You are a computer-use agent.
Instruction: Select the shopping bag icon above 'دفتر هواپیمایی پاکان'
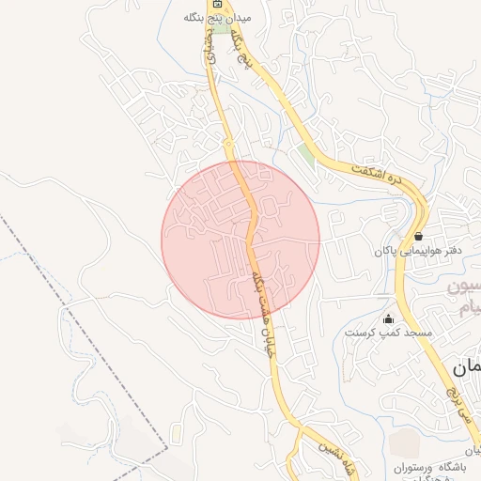coord(418,236)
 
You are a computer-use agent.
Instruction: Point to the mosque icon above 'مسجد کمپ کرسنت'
coord(389,318)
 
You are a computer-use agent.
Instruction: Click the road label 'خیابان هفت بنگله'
coord(261,311)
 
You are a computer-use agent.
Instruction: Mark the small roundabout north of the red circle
coord(228,143)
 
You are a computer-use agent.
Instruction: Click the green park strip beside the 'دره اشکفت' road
coord(307,154)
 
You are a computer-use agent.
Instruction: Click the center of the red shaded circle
coord(240,240)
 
